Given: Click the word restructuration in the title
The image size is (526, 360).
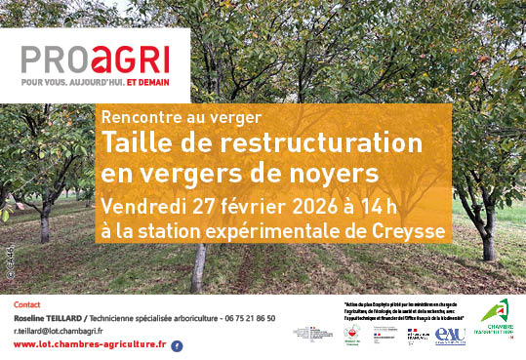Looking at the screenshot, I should (x=318, y=142).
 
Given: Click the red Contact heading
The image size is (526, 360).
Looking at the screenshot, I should (x=27, y=305).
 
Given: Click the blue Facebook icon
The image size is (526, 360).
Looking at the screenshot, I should (x=177, y=345).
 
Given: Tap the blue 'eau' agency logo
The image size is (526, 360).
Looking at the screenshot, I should (x=450, y=335).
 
